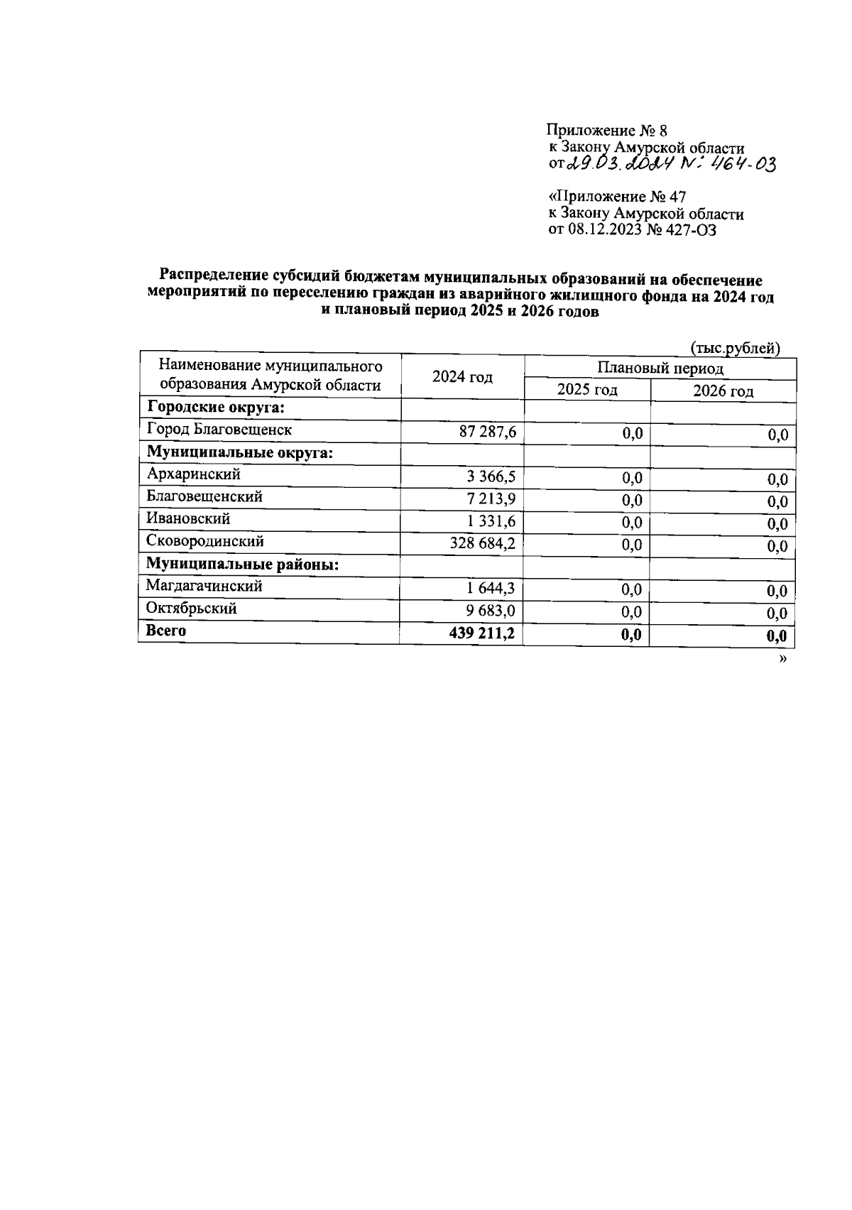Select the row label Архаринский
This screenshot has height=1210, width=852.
click(193, 474)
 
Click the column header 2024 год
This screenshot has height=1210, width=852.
click(462, 377)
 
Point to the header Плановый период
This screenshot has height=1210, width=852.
click(660, 368)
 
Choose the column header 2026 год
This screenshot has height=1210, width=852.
click(723, 391)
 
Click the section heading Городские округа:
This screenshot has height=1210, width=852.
click(216, 408)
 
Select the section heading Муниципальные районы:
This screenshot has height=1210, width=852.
click(242, 565)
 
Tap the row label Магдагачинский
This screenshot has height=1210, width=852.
click(204, 586)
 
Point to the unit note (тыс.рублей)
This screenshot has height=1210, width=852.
click(736, 348)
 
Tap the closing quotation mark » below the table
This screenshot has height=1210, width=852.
click(783, 659)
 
